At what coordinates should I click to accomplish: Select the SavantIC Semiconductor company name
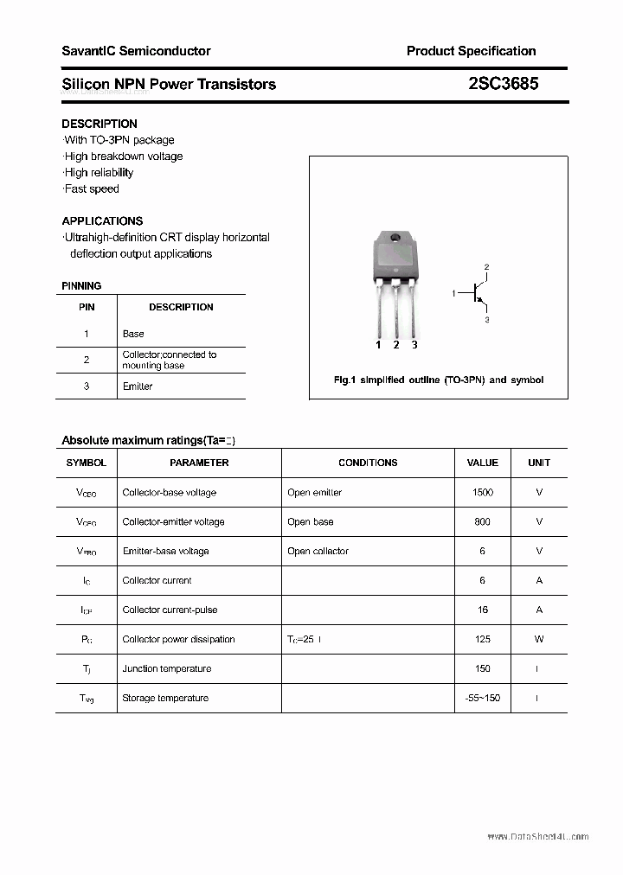coord(136,51)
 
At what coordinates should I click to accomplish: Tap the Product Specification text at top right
coord(471,51)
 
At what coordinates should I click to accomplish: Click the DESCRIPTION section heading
coord(100,124)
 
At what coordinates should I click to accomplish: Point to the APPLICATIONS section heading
coord(102,220)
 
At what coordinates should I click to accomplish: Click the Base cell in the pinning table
coord(133,334)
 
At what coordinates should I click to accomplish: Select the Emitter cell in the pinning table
coord(138,386)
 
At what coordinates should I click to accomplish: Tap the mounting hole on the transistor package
coord(395,237)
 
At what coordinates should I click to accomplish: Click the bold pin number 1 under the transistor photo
coord(378,345)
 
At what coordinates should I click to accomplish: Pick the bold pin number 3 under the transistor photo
coord(414,345)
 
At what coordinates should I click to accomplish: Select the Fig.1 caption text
coord(439,380)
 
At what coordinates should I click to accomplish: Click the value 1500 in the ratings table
coord(483,492)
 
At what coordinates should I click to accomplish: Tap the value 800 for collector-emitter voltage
coord(483,521)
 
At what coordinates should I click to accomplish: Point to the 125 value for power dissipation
coord(483,639)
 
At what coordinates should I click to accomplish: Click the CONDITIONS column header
coord(368,463)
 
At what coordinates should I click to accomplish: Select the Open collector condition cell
coord(318,551)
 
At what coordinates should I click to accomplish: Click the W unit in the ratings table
coord(539,639)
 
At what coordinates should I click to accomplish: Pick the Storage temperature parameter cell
coord(165,698)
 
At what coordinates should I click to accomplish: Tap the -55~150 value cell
coord(483,698)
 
